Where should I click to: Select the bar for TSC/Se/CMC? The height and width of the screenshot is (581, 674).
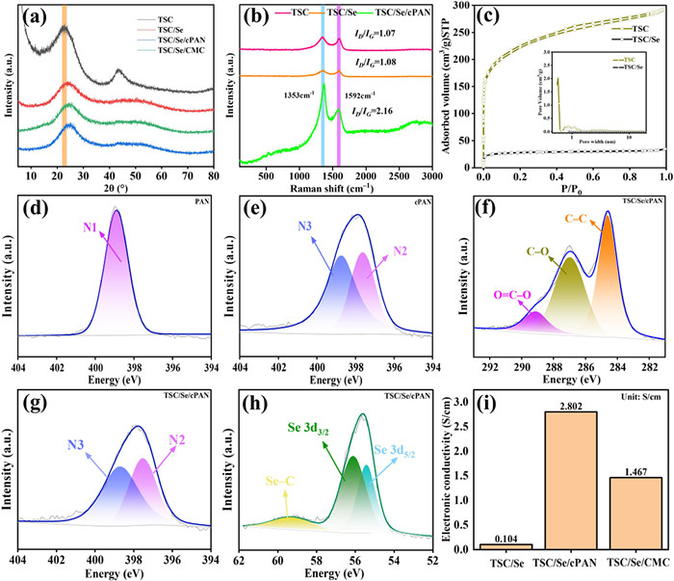635,512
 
